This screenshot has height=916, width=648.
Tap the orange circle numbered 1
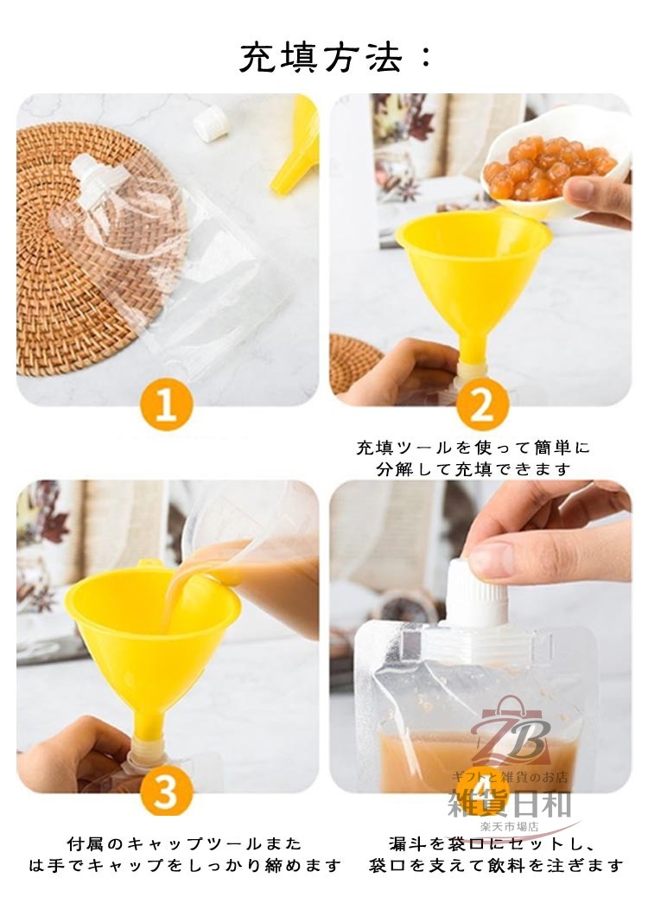[x=167, y=404]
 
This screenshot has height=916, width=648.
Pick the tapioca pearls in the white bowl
[x=547, y=169]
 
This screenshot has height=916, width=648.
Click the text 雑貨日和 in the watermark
[x=509, y=804]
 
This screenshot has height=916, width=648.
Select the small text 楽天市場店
[x=509, y=827]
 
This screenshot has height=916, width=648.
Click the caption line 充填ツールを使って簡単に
[x=473, y=448]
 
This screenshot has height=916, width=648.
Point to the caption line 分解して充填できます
[x=473, y=469]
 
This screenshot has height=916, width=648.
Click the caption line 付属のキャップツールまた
[x=184, y=843]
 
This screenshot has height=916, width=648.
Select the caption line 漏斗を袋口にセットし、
[x=492, y=843]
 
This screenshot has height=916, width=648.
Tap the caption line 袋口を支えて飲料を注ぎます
[x=495, y=865]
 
